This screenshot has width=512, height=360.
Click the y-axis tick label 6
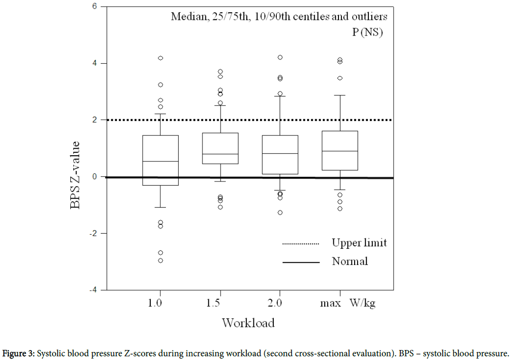coord(95,7)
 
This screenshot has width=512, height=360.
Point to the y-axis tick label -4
coord(94,290)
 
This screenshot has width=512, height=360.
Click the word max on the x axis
coord(330,303)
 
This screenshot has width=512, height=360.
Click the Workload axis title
coord(248,323)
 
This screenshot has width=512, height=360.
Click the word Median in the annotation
coord(188,17)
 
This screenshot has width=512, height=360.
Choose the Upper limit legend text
coord(359,243)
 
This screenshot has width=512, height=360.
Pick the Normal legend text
coord(350,261)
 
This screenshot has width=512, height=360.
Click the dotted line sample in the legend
coord(300,244)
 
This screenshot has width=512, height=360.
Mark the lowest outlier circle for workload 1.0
coord(161,260)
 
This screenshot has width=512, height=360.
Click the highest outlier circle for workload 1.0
coord(161,58)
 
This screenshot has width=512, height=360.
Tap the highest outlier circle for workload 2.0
coord(280,57)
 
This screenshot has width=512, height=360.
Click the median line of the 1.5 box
coord(220,154)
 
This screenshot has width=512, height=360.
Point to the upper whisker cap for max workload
coord(340,95)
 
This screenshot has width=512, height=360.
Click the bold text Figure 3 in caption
coord(19,353)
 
